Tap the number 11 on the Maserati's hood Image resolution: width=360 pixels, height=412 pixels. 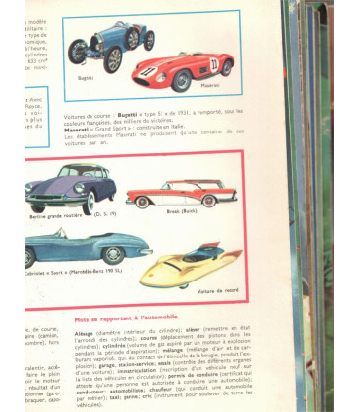[x=149, y=70]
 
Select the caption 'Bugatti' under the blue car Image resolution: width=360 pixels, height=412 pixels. [x=86, y=77]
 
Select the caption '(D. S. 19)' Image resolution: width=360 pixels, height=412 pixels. [x=105, y=211]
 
